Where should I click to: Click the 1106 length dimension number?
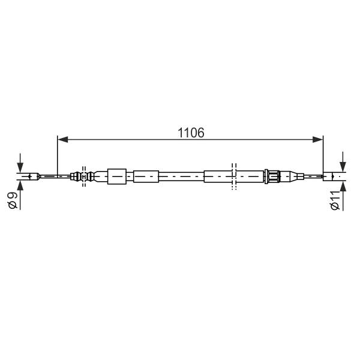point(191,133)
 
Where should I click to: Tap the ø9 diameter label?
point(13,200)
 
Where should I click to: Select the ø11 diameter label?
point(335,200)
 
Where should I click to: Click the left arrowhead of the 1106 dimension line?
point(63,139)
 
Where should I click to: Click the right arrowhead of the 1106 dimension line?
point(318,139)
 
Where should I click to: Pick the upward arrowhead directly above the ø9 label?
point(20,185)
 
